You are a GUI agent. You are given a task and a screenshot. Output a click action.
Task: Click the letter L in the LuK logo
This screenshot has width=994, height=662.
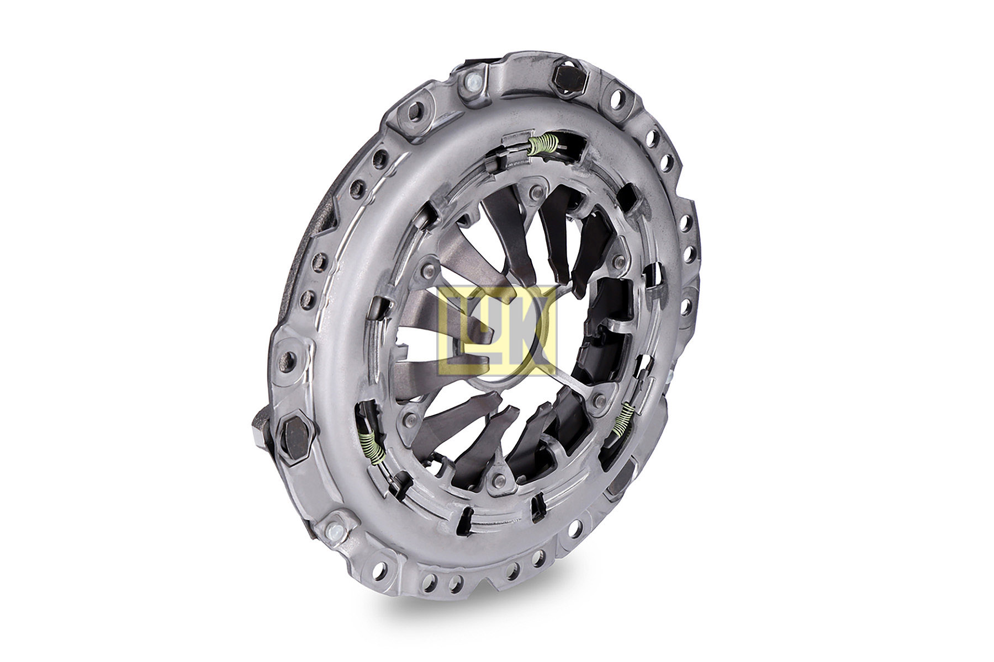(x=454, y=331)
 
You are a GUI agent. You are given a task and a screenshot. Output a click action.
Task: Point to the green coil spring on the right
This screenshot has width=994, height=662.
(x=623, y=419)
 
